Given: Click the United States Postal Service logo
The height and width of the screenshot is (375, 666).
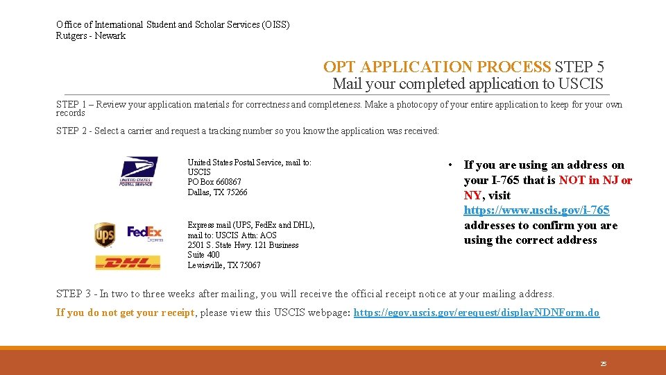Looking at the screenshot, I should pos(139,171).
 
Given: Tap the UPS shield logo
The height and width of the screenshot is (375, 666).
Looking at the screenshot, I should pos(105,235).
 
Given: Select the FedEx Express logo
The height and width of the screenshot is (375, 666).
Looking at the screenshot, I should pos(145,233).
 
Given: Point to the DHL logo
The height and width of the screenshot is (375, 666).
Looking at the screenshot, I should pos(128,262).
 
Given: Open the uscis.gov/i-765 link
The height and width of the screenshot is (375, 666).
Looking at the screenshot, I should pos(536,210).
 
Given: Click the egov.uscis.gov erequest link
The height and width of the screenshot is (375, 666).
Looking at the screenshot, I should pos(476,312).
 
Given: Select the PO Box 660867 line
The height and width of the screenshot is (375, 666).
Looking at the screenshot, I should pos(214,182).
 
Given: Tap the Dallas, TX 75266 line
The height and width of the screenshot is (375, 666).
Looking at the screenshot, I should pos(217,192).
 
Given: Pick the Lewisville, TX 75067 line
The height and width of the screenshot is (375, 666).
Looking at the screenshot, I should pos(224,265).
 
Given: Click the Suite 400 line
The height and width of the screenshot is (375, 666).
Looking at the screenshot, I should pos(203,255).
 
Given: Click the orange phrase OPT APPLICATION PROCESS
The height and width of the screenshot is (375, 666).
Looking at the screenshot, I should pos(437,67).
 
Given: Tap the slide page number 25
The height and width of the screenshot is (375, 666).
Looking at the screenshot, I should pos(603,363).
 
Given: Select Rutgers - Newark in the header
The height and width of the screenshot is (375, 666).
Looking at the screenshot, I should pos(91,36).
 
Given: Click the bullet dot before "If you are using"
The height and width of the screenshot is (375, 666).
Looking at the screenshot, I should pos(450,165).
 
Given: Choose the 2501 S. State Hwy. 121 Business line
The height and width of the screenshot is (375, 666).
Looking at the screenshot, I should pos(243,245).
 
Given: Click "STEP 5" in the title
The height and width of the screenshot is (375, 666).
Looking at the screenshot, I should pos(579,67).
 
